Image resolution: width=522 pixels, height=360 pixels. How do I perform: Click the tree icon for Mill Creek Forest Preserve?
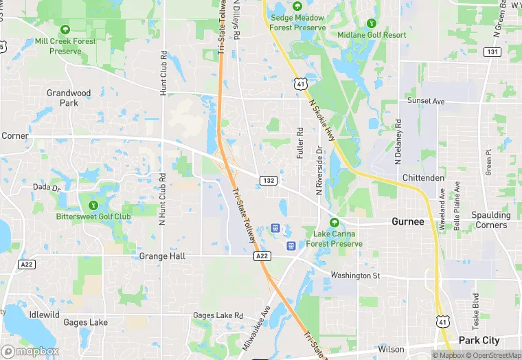[x=65, y=30]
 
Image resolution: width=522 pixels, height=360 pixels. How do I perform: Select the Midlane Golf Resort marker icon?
[x=372, y=23]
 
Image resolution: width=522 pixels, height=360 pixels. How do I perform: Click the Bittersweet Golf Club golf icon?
[x=93, y=204]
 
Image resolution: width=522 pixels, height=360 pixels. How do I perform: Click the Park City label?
[x=479, y=341]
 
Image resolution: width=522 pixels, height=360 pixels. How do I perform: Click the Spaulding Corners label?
[x=490, y=220]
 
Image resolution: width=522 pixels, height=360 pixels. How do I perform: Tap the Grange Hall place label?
[x=162, y=256]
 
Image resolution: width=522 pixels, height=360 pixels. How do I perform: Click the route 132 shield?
[x=268, y=181]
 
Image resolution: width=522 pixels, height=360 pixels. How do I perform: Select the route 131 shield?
[x=492, y=52]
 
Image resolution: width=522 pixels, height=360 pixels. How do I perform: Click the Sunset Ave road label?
[x=426, y=101]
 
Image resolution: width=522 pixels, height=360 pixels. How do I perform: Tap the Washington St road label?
[x=354, y=275]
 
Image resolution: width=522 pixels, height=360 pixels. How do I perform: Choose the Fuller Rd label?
[x=300, y=143]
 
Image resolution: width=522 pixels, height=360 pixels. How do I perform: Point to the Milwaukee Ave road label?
[x=258, y=329]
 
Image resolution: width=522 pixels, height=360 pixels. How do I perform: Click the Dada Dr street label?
[x=47, y=187]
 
